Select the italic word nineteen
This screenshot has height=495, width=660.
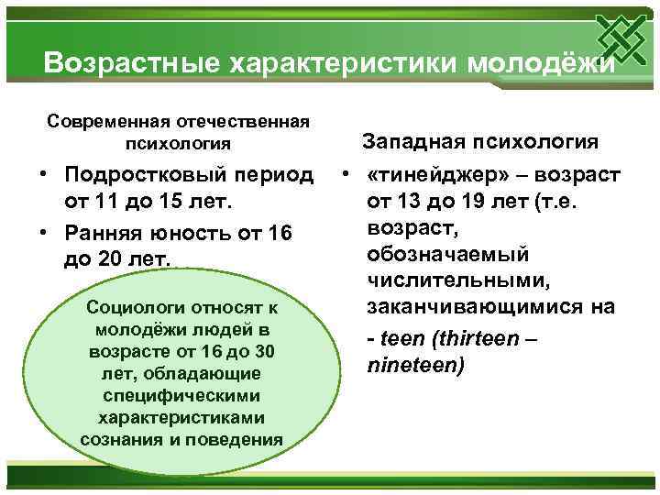(x=415, y=365)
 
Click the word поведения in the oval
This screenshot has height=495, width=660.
(x=243, y=438)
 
